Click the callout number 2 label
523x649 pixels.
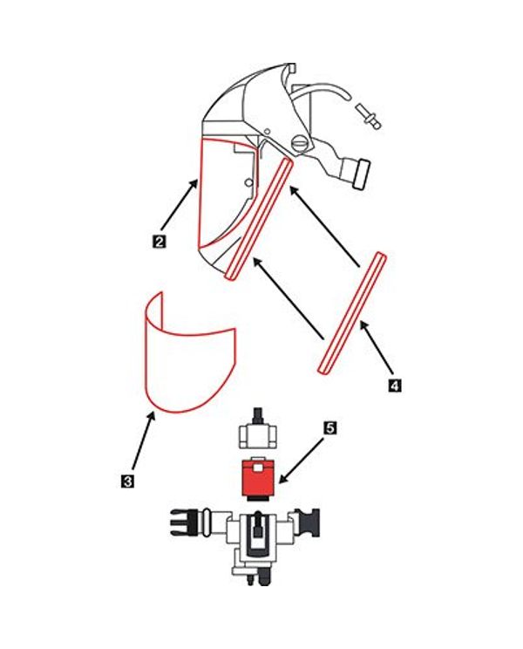click(x=159, y=242)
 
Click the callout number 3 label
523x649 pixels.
click(x=128, y=482)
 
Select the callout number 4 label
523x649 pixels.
click(x=395, y=386)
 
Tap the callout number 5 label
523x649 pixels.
click(x=329, y=428)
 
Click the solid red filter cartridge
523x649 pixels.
click(x=257, y=479)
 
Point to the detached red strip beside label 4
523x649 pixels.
click(x=352, y=313)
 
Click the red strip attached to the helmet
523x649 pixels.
click(x=259, y=218)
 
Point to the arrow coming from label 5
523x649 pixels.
click(x=301, y=461)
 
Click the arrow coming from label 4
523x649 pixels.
click(x=376, y=349)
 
